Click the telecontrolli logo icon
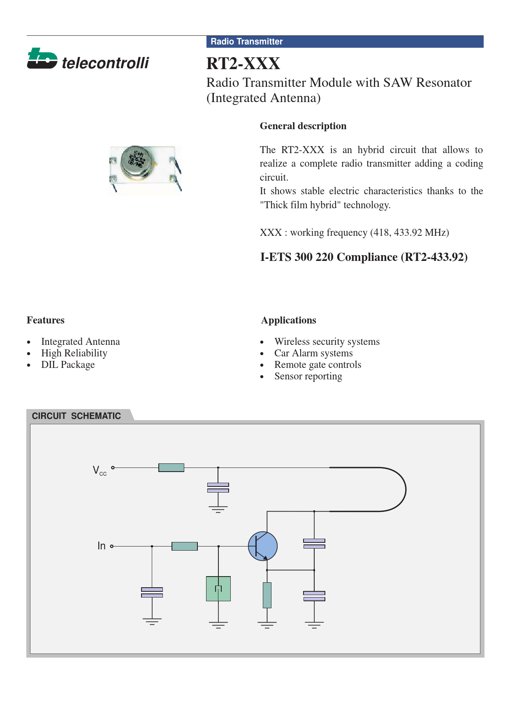pos(42,58)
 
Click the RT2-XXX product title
pos(243,64)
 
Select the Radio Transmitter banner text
pos(246,42)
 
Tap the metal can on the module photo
pos(137,162)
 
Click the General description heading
pos(303,126)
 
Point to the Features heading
pos(46,320)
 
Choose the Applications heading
pos(288,320)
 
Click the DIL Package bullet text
pos(68,365)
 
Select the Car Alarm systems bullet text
pos(313,353)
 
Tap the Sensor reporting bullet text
pos(308,376)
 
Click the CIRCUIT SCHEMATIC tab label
pos(76,416)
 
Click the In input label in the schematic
pos(102,546)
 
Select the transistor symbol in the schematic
pos(263,546)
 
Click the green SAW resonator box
pos(218,588)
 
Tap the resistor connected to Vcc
pos(171,467)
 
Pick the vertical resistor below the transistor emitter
pos(267,595)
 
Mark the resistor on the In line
pos(184,546)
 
